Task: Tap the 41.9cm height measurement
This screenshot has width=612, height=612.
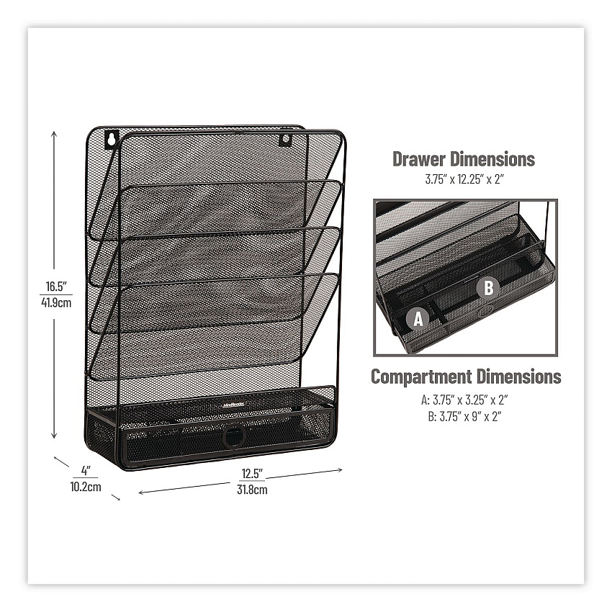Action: pos(56,302)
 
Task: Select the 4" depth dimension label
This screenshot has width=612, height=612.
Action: pos(86,470)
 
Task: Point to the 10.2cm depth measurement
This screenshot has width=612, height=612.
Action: pos(86,487)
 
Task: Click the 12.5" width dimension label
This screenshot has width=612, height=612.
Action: pos(252,474)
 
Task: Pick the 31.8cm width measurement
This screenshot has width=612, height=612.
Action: pos(252,490)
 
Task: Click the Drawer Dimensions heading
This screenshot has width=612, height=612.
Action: pos(464,159)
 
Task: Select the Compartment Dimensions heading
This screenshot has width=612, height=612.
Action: pos(466,377)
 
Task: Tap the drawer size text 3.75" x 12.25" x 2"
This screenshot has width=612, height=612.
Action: pos(464,179)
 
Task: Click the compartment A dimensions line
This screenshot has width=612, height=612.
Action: pos(464,400)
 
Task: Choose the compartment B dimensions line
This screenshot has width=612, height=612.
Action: pos(464,416)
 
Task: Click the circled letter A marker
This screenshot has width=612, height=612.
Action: pos(418,319)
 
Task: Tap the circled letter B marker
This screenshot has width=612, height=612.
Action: pos(488,288)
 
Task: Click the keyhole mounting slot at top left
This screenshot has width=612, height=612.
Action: pos(112,138)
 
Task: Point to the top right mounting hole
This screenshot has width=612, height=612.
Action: pos(285,140)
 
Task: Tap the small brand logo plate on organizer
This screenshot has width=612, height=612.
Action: pos(233,405)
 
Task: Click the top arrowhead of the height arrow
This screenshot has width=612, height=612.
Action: pos(54,134)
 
